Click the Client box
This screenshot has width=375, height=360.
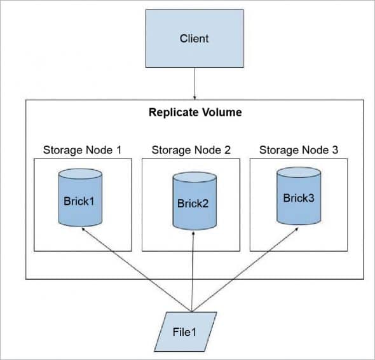194,38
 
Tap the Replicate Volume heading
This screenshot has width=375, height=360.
194,113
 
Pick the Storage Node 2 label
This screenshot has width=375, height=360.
190,150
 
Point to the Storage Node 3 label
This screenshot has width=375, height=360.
299,150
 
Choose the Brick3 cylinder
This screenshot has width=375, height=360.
299,197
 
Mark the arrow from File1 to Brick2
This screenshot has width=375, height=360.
192,273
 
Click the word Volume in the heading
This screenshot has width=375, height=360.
223,113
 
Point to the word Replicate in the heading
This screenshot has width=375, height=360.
172,113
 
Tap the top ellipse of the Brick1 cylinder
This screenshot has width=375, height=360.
79,174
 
